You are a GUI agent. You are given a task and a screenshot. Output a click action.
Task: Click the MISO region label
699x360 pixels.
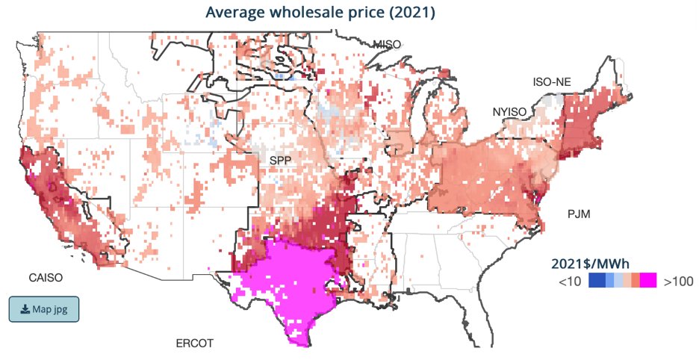(x=387, y=44)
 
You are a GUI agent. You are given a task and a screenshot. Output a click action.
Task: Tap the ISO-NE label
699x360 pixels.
(x=551, y=81)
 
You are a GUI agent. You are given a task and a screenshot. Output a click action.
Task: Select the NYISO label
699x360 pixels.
(x=510, y=112)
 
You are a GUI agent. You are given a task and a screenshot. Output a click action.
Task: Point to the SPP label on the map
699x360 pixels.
(x=281, y=161)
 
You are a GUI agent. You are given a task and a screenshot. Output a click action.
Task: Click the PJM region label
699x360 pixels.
(x=579, y=214)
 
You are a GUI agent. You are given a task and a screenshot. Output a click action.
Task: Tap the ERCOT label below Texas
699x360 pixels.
(x=194, y=344)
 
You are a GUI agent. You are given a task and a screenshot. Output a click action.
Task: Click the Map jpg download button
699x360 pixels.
(x=43, y=309)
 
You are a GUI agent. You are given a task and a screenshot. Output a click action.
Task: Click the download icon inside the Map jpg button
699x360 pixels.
(x=25, y=309)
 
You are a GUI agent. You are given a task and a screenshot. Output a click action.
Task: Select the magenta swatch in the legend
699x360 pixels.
(x=647, y=281)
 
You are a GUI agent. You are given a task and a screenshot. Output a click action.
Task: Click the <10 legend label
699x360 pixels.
(x=568, y=281)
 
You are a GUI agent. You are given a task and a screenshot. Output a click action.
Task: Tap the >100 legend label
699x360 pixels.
(x=678, y=281)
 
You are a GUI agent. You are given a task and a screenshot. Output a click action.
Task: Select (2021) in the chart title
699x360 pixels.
(x=413, y=13)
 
